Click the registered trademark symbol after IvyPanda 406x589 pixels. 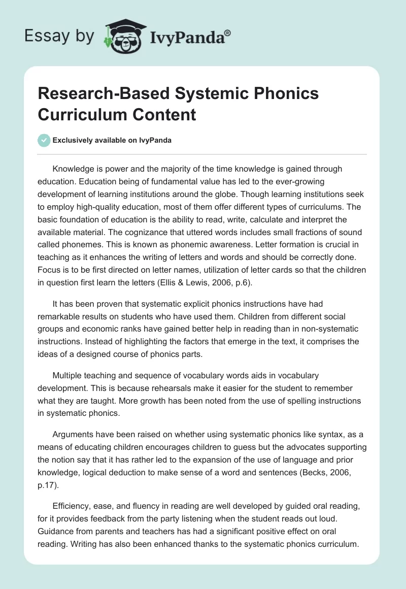click(x=227, y=33)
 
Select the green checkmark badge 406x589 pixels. click(x=44, y=140)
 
